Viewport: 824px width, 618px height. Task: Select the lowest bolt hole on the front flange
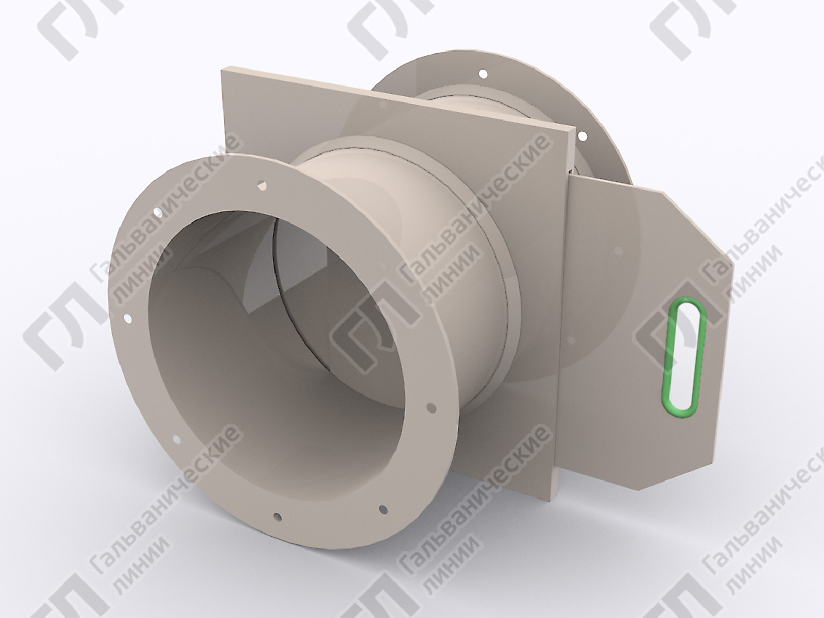click(278, 517)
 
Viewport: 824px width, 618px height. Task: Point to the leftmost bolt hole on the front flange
click(128, 319)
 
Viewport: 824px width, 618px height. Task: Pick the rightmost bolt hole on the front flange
click(432, 407)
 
